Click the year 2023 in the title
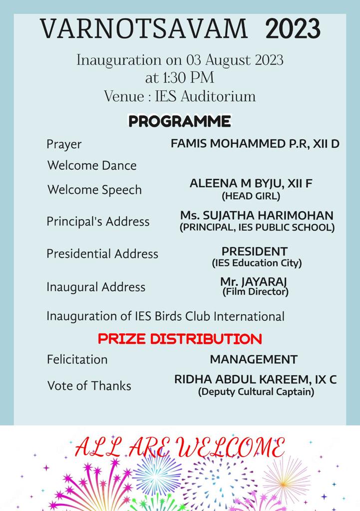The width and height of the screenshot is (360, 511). click(293, 28)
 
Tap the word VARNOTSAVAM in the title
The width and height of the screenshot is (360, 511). click(144, 28)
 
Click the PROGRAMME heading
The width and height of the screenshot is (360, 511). click(180, 121)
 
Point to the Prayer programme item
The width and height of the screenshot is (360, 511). click(64, 144)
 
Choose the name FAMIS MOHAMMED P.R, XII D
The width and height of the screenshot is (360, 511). click(255, 144)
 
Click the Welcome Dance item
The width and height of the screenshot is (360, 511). click(92, 165)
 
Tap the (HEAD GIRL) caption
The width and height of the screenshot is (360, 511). click(251, 196)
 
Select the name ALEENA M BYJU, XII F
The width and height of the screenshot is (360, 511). click(251, 183)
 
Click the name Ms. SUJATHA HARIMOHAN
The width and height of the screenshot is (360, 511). click(257, 216)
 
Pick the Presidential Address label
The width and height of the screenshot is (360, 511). click(102, 254)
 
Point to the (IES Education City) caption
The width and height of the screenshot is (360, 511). click(257, 262)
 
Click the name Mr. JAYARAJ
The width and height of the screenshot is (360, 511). click(254, 281)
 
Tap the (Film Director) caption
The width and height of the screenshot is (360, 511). click(255, 291)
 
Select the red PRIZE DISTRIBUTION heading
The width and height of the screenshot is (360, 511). click(180, 339)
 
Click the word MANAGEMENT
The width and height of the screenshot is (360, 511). click(254, 359)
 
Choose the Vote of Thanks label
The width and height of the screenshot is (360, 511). click(89, 386)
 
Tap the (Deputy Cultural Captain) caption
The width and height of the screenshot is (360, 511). click(256, 392)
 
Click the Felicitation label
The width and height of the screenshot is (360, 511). click(77, 359)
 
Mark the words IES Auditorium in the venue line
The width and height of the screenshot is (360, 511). click(212, 96)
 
